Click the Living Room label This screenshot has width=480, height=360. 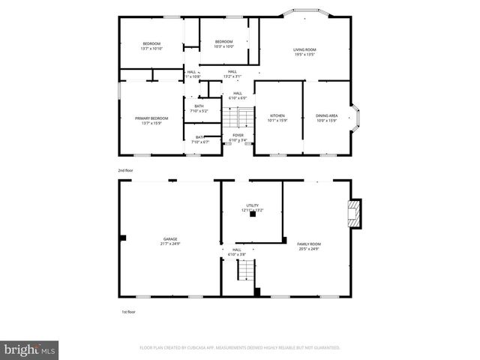tap(304, 52)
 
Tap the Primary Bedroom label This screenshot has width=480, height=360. tap(151, 120)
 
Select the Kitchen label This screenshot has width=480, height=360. tap(277, 118)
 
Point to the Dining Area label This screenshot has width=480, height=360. tap(326, 118)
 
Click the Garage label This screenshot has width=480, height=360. tap(170, 241)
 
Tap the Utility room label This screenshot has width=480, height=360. tap(252, 207)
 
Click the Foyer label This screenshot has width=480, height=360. tap(238, 137)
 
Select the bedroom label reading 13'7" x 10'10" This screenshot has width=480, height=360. tap(152, 46)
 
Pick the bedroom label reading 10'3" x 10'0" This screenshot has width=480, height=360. tap(223, 43)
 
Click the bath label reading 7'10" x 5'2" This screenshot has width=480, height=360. tap(199, 108)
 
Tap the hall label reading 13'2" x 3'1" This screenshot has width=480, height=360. tap(232, 73)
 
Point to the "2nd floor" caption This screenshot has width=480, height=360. tap(126, 170)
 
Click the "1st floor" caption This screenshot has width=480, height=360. tap(128, 311)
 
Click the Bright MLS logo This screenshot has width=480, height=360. tap(29, 349)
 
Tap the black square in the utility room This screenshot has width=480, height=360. tap(253, 215)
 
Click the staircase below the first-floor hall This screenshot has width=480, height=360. tap(245, 269)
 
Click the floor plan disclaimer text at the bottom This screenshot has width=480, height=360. tap(240, 348)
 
